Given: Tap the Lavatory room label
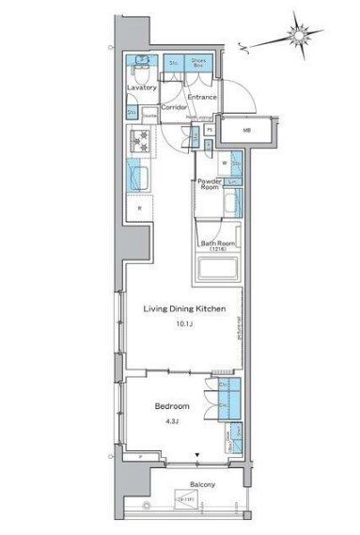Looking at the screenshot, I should [141, 87].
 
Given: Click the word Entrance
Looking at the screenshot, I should [202, 97].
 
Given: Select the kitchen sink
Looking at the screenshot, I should [137, 176].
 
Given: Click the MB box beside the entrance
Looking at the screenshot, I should [247, 131].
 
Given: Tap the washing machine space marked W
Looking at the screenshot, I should [227, 163].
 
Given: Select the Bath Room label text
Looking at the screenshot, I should [214, 244].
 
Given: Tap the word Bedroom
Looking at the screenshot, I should [171, 406].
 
